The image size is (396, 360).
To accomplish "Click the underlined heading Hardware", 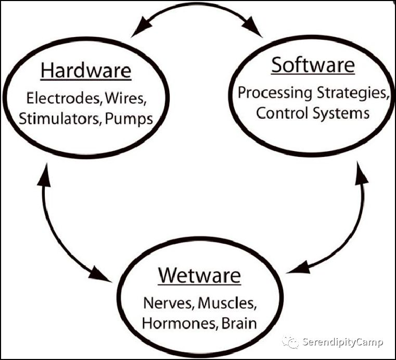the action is click(86, 71).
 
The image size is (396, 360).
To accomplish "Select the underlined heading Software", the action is click(313, 66).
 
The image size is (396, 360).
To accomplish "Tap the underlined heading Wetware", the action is click(199, 275).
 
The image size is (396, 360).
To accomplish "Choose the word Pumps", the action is click(129, 119).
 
